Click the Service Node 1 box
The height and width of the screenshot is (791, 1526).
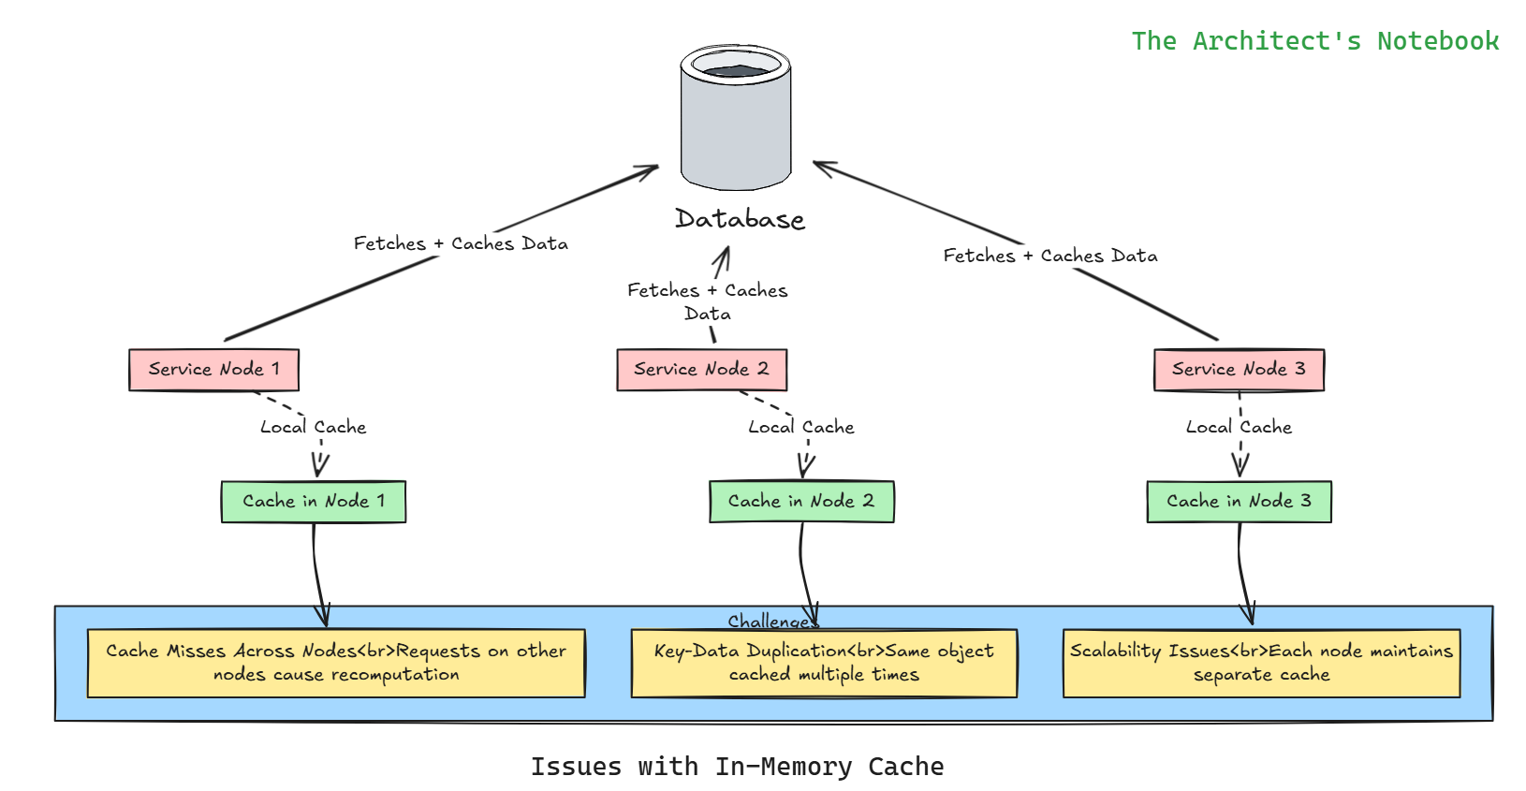(213, 370)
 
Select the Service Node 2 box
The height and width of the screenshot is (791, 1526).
(701, 370)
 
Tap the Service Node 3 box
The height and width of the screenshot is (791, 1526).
(1239, 370)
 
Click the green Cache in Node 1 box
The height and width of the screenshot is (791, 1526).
(314, 502)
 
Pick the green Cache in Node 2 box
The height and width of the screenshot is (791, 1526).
(801, 502)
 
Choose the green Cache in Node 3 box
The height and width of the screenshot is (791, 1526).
(1239, 502)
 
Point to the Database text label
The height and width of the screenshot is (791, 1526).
(740, 219)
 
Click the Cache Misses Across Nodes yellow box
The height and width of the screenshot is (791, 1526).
(336, 663)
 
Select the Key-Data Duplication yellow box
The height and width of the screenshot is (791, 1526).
(824, 663)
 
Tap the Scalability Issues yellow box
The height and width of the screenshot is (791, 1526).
(1261, 663)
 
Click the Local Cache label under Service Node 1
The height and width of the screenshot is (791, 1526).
(313, 427)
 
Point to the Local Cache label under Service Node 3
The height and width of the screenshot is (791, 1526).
(1239, 427)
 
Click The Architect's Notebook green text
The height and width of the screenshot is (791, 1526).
(1314, 41)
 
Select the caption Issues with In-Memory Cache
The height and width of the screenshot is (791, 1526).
(737, 767)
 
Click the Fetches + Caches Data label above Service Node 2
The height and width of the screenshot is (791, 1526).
(708, 301)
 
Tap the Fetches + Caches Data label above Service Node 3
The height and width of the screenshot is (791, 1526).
(1050, 256)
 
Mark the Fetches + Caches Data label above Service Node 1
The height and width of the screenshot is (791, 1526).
(461, 243)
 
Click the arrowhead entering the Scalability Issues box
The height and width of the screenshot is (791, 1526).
(1248, 615)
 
